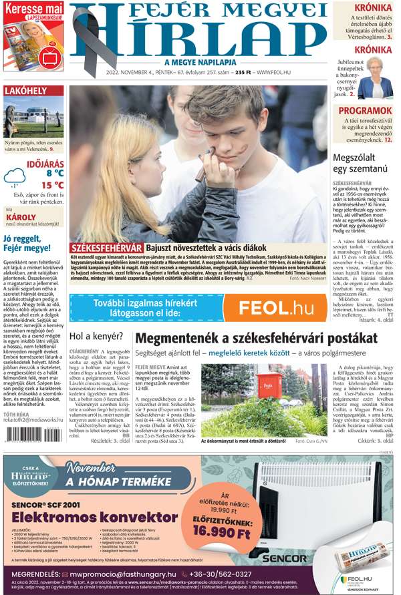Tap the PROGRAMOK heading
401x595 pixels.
tap(364, 110)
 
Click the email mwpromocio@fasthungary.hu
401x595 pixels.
tap(122, 574)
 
